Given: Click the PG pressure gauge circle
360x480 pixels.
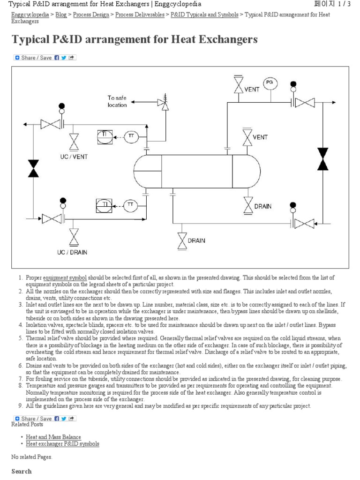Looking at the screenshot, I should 269,83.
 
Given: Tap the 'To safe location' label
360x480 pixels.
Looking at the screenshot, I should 117,101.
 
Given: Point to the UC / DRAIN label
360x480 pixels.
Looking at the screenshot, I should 72,252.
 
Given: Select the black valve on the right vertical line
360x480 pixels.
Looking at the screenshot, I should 323,158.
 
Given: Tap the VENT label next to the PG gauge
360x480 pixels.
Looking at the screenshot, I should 252,89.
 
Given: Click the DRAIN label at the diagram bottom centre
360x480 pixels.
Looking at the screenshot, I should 196,240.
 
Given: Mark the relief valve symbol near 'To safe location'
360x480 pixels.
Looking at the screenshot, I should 165,104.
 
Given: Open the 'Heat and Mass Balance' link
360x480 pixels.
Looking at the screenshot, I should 53,437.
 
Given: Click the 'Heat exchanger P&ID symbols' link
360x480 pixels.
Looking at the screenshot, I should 62,443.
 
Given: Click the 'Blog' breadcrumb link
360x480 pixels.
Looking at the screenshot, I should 61,15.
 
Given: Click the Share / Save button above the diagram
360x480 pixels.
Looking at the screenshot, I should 45,58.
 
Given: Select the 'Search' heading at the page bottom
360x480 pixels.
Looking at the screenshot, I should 22,471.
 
